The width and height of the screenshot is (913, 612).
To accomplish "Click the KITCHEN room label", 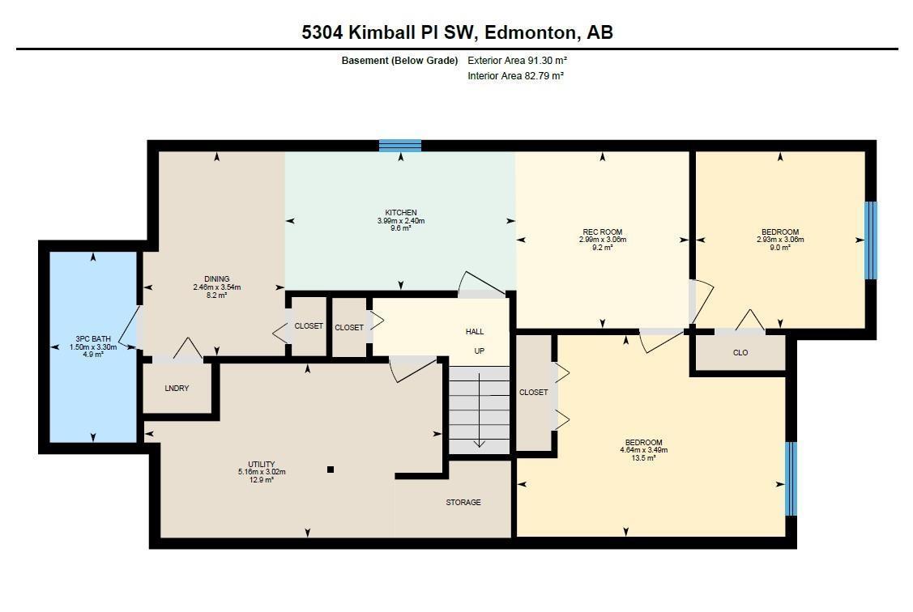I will click(x=400, y=213).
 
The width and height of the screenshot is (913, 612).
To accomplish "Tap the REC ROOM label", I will click(x=601, y=232).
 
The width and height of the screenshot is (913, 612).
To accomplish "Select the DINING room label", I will click(x=216, y=279).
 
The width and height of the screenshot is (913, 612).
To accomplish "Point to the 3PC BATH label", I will click(x=93, y=339).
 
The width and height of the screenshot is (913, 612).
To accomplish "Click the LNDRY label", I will click(x=177, y=389).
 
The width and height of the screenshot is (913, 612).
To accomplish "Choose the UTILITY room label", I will click(x=261, y=465).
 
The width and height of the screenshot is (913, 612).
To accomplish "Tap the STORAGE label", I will click(x=463, y=503).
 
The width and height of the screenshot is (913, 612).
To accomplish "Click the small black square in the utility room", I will click(x=331, y=470).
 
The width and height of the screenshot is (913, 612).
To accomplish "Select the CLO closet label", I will click(x=740, y=353).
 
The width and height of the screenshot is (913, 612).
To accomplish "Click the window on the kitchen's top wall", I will click(x=400, y=146).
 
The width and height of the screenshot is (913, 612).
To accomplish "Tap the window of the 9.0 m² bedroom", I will click(x=870, y=240).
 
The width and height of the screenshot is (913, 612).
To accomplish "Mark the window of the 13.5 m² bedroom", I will click(x=791, y=478).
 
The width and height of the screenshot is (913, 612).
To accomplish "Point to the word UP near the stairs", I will click(x=480, y=351).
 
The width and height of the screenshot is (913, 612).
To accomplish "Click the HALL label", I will click(x=475, y=332).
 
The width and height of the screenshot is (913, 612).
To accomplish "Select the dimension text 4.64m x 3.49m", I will click(x=646, y=450).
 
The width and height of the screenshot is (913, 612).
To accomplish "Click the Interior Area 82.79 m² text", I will click(x=515, y=76).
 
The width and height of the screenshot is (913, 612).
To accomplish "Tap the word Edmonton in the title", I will click(x=531, y=32).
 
